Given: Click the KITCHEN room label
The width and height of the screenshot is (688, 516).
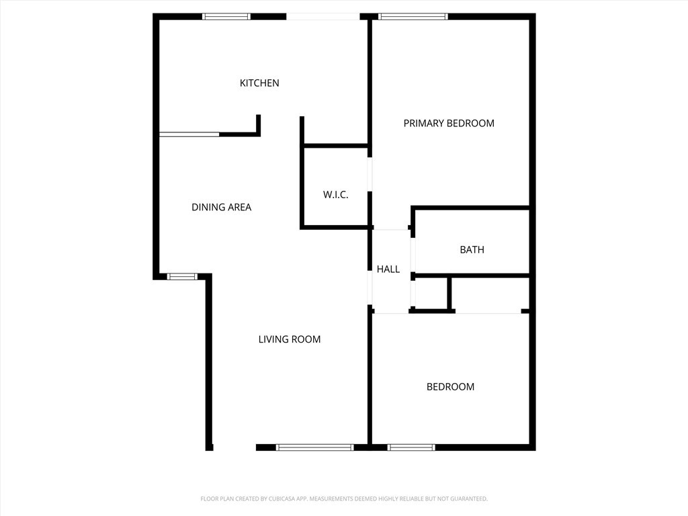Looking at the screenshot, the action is pos(259,83).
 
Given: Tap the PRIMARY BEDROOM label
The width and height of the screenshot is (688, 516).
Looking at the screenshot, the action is pos(449,124).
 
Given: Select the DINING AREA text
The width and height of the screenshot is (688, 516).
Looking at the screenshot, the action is pos(222,207).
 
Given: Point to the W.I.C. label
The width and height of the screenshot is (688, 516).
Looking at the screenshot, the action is pos(336,194).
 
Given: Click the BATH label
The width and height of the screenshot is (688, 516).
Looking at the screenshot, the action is pos(472,250).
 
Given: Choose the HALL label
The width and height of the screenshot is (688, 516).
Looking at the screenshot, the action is pos(388,269).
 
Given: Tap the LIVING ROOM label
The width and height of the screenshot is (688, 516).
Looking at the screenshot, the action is pos(290,339).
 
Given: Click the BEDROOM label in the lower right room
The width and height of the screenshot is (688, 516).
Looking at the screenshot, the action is pos(451,386).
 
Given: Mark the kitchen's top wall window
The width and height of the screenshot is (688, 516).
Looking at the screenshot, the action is pos(226,17).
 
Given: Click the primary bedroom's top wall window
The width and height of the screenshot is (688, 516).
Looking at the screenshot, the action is pos(413,17).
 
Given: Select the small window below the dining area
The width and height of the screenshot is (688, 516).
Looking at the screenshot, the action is pos(182,276).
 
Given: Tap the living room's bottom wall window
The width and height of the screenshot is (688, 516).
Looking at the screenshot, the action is pos(314,447).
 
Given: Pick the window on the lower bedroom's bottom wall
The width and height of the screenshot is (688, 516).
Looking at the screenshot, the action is pos(412,447).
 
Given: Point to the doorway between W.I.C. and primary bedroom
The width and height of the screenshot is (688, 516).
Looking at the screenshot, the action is pos(370,174).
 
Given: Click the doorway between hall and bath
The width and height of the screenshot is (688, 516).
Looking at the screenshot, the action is pos(413,255).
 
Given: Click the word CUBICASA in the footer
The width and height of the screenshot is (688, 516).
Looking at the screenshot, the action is pos(287,499).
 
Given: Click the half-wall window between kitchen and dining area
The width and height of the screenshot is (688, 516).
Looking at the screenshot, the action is pos(189,134).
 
